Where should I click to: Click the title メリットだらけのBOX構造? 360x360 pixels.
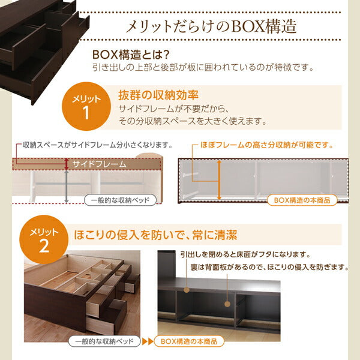click(209, 27)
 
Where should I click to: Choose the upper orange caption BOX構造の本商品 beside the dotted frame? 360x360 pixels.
click(302, 200)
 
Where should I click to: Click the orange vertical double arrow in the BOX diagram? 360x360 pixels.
click(219, 179)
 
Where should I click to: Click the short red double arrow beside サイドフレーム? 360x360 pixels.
click(66, 164)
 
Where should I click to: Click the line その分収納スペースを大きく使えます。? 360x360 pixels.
click(184, 121)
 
